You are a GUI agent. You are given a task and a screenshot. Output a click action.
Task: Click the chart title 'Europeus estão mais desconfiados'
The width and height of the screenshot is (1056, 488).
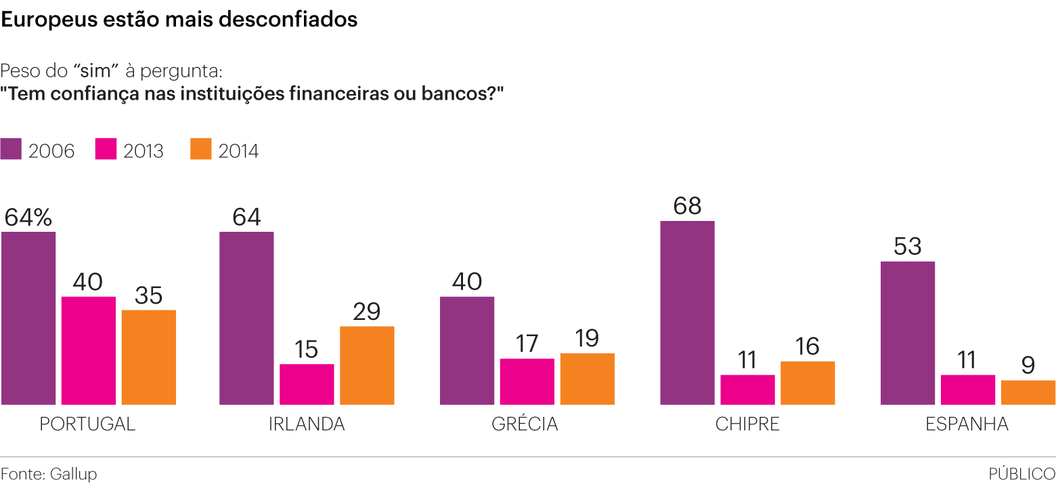pos(179,20)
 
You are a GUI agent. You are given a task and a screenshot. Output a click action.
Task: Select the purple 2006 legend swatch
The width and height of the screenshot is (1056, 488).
pos(12,149)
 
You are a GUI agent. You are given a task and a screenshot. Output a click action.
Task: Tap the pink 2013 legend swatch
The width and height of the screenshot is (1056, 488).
pos(106,149)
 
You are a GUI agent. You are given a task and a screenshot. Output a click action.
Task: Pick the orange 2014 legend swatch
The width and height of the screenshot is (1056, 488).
pos(201,149)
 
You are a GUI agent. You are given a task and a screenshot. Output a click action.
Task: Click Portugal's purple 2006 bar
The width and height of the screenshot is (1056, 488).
pos(28,319)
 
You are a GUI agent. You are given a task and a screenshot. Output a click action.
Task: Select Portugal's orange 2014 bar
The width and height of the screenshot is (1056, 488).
pos(149,357)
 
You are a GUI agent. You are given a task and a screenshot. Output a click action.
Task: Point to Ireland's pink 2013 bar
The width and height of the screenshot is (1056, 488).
pos(307,384)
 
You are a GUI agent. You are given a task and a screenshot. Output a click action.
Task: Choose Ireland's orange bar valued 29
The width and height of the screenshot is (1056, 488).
pos(367,365)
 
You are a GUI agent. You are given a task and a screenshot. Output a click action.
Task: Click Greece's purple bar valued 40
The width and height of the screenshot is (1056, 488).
pos(467,350)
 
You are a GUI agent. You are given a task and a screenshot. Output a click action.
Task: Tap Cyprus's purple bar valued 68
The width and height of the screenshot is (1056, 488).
pos(687,312)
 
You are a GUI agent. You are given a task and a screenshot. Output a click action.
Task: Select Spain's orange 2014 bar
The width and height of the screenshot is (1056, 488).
pos(1028,392)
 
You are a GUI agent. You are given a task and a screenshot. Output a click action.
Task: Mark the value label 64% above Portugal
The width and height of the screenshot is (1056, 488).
pos(28,217)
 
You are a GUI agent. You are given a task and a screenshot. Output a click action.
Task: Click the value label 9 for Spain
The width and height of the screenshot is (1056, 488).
pos(1028,366)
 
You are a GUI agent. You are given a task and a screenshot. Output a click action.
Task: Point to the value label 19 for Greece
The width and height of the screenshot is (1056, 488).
pos(587,339)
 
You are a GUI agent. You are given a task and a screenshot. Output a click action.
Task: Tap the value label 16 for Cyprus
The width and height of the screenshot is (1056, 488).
pos(807,347)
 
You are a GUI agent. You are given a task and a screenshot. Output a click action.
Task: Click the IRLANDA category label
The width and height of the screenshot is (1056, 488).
pos(307,424)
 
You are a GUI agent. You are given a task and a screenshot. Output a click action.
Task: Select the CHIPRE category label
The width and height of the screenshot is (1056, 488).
pos(747,424)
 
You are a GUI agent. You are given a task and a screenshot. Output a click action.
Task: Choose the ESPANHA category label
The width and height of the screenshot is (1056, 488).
pos(967,424)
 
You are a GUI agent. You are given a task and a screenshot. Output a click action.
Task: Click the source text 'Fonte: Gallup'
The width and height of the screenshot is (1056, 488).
pos(49,474)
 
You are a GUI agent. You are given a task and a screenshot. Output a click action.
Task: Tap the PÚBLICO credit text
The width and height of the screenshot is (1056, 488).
pos(1021,474)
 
